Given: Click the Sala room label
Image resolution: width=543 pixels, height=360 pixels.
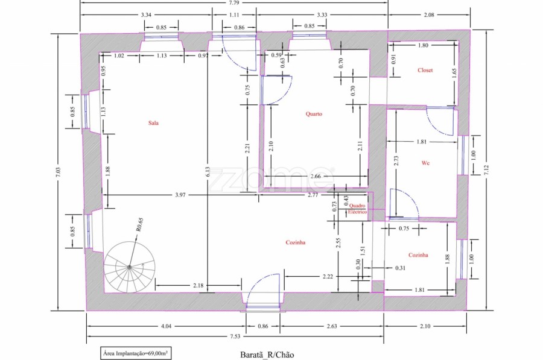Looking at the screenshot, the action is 153,123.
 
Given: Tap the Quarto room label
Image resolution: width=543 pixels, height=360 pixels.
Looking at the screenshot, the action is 314,114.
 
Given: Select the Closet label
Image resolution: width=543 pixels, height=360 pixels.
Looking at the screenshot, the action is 425,70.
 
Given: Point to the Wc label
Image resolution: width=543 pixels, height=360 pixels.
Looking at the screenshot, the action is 425,163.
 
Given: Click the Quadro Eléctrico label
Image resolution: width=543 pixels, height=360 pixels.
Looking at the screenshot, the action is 357,209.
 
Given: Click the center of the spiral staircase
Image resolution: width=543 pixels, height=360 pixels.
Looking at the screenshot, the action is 129,267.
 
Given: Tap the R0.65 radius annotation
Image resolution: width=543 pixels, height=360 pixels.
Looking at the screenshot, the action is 139,225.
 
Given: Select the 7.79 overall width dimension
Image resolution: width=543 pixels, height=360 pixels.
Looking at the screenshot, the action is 234,3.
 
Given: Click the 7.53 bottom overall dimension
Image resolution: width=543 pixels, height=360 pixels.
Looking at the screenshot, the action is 235,336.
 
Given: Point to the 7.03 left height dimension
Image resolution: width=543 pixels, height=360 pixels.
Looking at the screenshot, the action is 58,172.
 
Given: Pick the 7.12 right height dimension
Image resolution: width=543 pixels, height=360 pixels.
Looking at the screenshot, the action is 487,170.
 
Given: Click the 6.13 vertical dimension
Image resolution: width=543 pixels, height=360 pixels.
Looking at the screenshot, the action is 207,172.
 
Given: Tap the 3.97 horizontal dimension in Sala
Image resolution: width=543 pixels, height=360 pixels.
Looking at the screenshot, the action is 180,195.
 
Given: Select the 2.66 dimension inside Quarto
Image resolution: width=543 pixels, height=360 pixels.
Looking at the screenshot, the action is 316,176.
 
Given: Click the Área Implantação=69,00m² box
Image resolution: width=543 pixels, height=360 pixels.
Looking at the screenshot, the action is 136,353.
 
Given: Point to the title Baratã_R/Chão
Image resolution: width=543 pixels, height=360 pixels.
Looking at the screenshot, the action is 267,355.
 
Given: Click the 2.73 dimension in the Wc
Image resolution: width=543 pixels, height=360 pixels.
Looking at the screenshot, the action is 396,160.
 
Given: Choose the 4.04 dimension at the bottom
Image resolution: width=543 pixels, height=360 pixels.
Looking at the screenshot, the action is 167,326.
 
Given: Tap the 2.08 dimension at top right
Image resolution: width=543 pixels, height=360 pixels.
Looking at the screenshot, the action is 429,15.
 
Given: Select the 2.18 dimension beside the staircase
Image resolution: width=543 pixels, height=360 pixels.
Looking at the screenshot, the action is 198,286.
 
